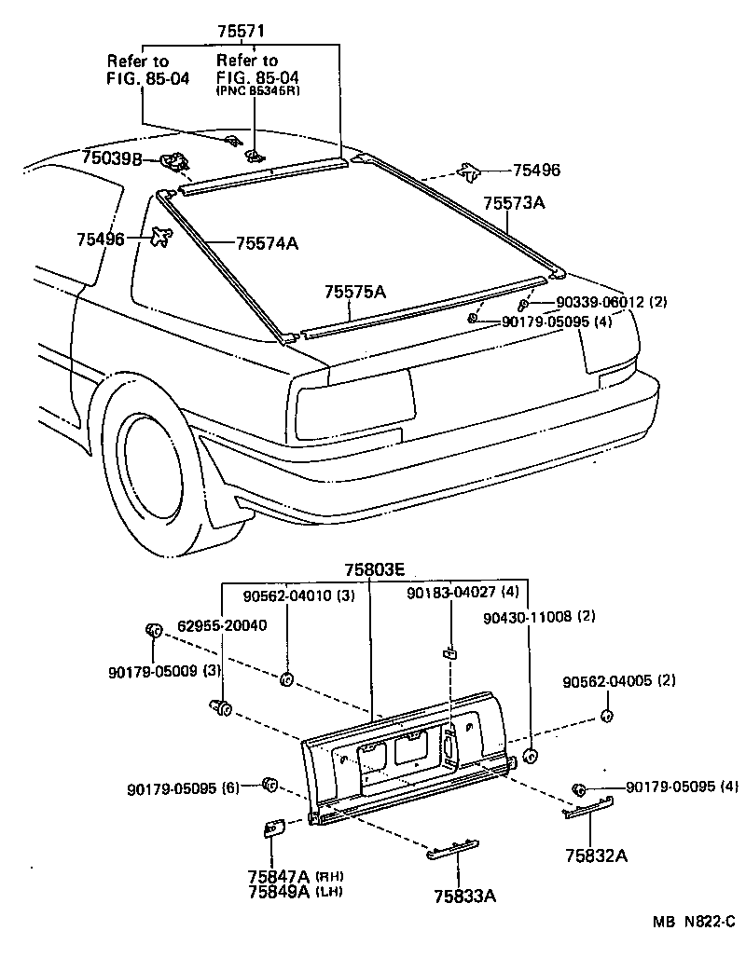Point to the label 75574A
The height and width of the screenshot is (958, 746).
pyautogui.click(x=267, y=243)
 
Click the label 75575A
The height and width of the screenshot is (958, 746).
pyautogui.click(x=354, y=293)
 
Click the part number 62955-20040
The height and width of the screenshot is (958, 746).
pyautogui.click(x=216, y=625)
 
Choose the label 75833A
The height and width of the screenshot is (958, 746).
pyautogui.click(x=464, y=896)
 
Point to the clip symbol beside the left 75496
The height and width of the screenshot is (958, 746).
pyautogui.click(x=161, y=237)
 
